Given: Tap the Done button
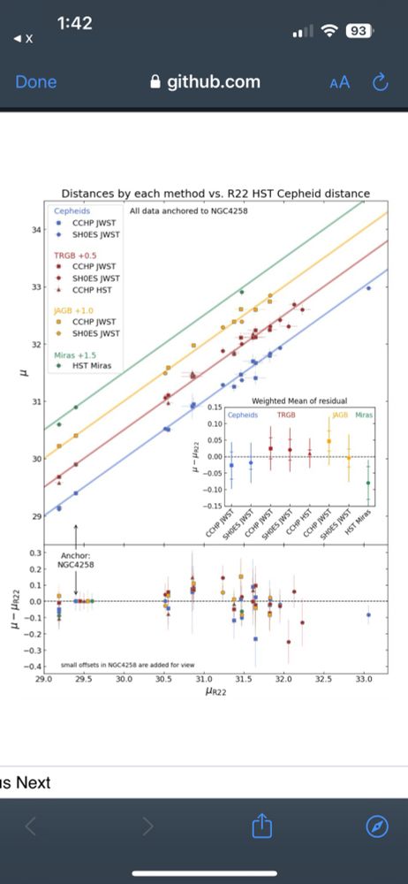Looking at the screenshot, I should point(35,82).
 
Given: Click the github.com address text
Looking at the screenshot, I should point(206,82).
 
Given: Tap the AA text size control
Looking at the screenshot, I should point(339,82).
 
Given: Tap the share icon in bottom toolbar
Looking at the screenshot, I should point(261,827).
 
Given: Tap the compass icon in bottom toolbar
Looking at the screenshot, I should point(377,827).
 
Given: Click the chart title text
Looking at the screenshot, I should point(215,194).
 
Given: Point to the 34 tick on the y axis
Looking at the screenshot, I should point(35,230).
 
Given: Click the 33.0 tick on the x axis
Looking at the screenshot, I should point(363,680).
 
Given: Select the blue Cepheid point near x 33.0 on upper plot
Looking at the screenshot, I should point(368,288).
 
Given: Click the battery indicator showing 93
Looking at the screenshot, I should point(358,31).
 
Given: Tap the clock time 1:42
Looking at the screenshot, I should point(74,24).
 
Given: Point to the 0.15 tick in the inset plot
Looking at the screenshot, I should point(212,408).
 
